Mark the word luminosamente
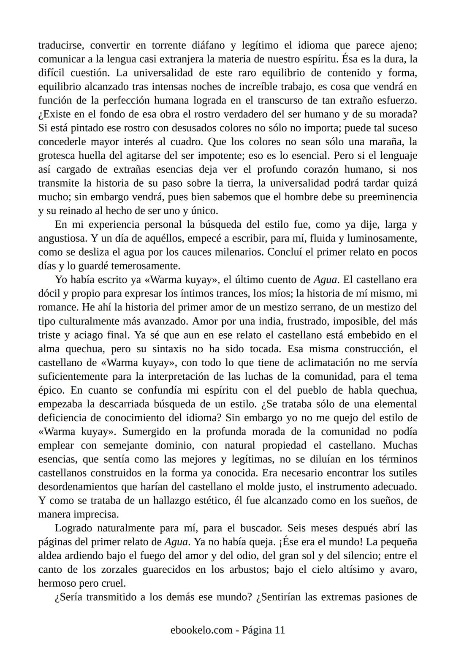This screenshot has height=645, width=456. click(381, 238)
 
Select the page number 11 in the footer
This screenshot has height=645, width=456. click(280, 630)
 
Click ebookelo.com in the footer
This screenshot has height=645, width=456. click(201, 630)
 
